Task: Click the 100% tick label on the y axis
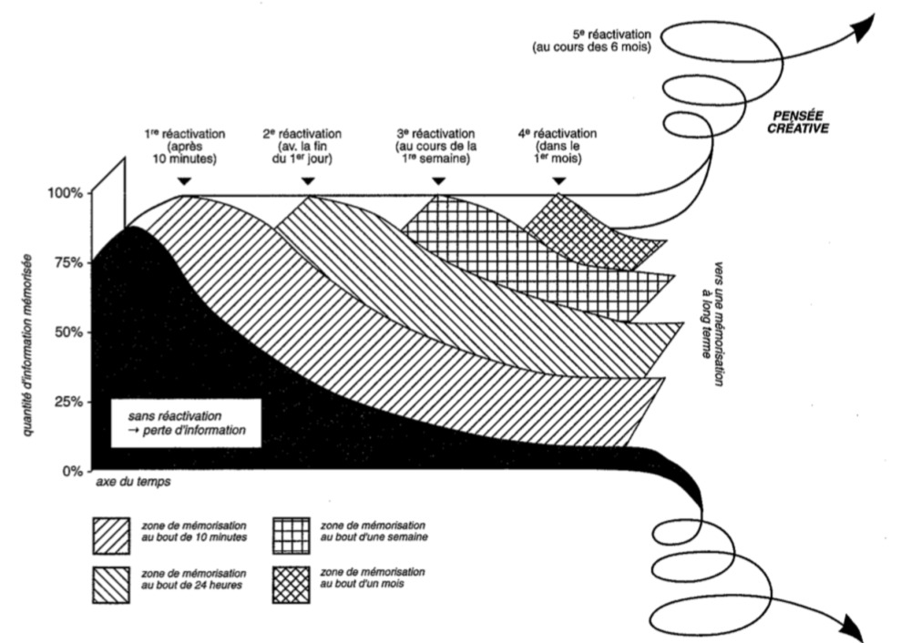(x=66, y=193)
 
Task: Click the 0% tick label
(x=74, y=471)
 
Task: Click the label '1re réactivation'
(x=185, y=134)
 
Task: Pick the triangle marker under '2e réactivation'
(x=308, y=182)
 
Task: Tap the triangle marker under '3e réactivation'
(x=439, y=182)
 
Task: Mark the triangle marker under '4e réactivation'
(x=559, y=182)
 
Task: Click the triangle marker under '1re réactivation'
(x=184, y=182)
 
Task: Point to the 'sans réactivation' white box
(x=186, y=423)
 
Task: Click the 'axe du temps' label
(x=133, y=482)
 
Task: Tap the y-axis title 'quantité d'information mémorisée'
(x=27, y=345)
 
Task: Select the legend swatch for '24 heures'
(x=111, y=585)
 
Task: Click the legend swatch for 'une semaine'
(x=292, y=536)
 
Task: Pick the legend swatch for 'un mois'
(x=292, y=585)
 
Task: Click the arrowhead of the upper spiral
(x=865, y=26)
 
